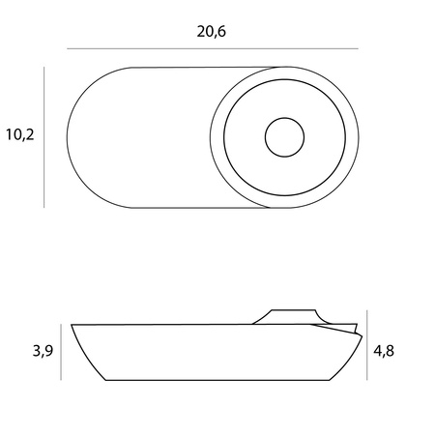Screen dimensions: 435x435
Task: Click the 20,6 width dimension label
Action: click(212, 31)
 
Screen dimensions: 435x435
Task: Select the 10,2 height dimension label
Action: click(19, 135)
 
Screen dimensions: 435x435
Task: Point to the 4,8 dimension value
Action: click(384, 351)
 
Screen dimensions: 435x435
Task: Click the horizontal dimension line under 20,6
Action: click(212, 48)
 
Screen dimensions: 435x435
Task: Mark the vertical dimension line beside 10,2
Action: click(44, 135)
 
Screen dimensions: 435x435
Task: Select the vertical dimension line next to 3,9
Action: click(61, 351)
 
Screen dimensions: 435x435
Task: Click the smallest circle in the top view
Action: click(283, 137)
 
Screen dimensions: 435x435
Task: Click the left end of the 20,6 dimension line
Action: click(68, 48)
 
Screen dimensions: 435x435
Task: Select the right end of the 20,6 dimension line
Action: click(357, 48)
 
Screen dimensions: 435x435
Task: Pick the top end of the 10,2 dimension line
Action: click(44, 67)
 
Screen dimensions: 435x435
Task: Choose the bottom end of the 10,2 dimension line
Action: click(44, 206)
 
